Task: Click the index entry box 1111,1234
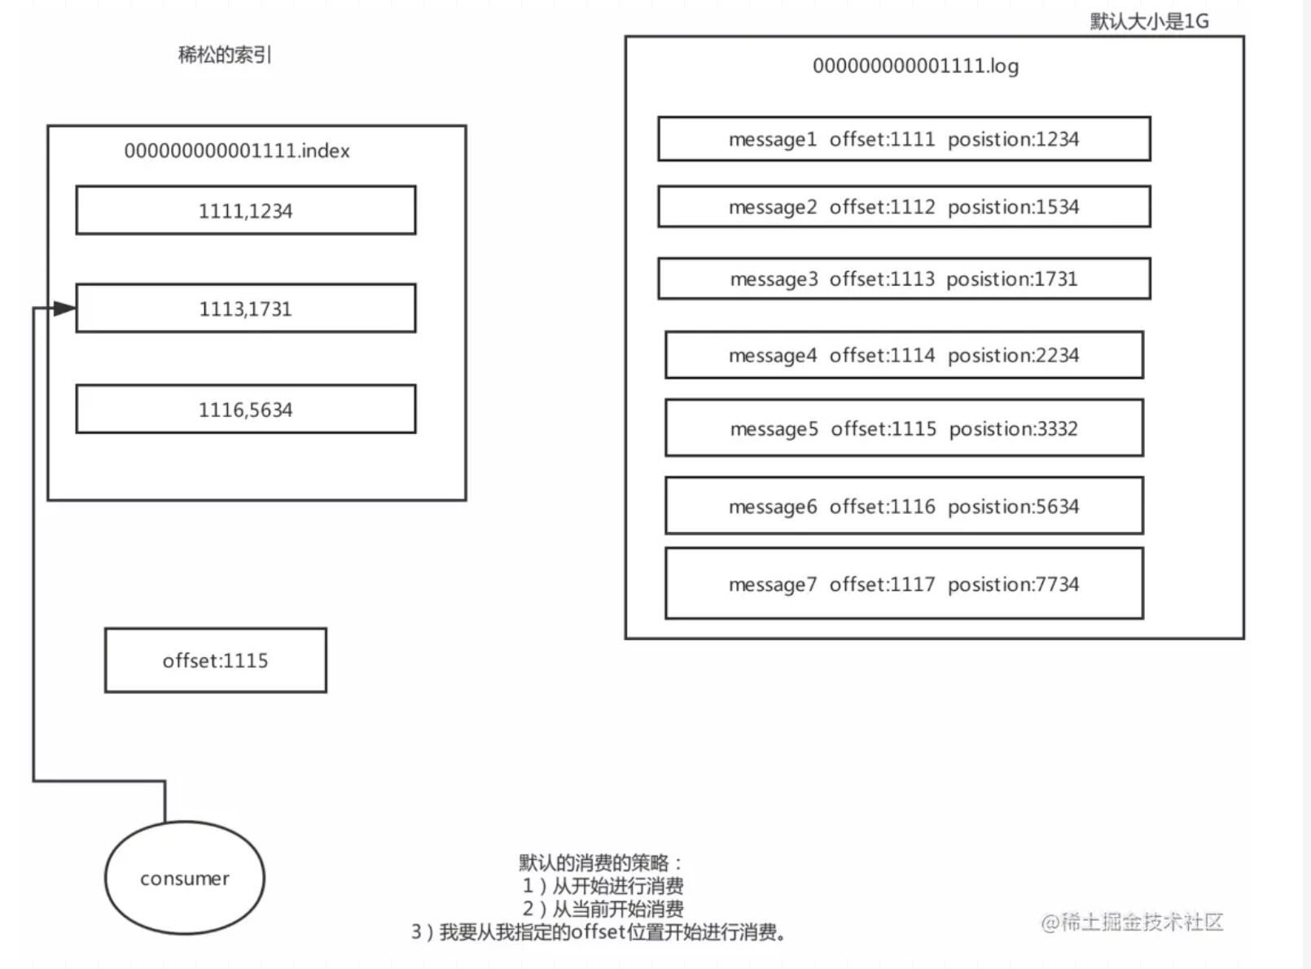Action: pyautogui.click(x=246, y=210)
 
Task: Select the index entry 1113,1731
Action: pyautogui.click(x=246, y=308)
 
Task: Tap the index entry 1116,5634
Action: pyautogui.click(x=246, y=409)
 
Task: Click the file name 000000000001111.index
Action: pyautogui.click(x=237, y=151)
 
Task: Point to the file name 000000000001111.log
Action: pyautogui.click(x=915, y=66)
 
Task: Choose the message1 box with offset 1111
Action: pyautogui.click(x=905, y=139)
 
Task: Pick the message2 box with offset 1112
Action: pyautogui.click(x=905, y=207)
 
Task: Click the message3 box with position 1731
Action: pyautogui.click(x=905, y=278)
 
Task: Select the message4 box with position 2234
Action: pyautogui.click(x=905, y=355)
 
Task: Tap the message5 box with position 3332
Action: pyautogui.click(x=905, y=428)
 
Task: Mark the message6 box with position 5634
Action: pyautogui.click(x=905, y=506)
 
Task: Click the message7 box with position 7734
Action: pyautogui.click(x=905, y=584)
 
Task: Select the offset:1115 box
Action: pyautogui.click(x=216, y=660)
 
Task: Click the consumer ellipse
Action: pyautogui.click(x=185, y=878)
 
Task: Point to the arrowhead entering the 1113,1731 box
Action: pyautogui.click(x=64, y=308)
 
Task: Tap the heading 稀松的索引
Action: pyautogui.click(x=225, y=55)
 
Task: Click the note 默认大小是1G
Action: pyautogui.click(x=1150, y=21)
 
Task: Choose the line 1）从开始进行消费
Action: pyautogui.click(x=603, y=886)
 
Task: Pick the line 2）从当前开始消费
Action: pyautogui.click(x=603, y=909)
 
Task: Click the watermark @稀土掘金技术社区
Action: pyautogui.click(x=1132, y=923)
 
